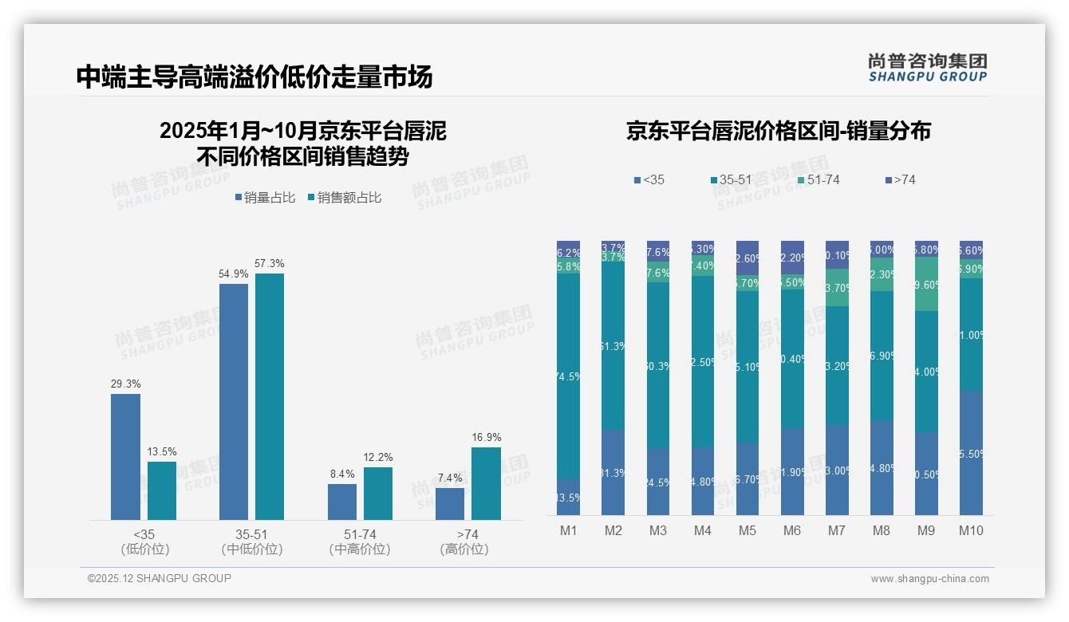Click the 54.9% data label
tap(234, 274)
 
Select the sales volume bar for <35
tap(125, 457)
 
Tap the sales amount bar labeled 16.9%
tap(486, 483)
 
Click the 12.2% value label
tap(378, 457)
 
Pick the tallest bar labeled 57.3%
tap(270, 396)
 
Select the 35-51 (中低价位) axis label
tap(252, 541)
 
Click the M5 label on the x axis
tap(747, 530)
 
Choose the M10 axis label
tap(970, 530)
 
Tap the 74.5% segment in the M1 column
tap(568, 376)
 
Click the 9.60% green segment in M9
tap(925, 285)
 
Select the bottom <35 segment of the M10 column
tap(970, 453)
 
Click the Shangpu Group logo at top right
tap(927, 67)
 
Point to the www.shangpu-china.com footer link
tap(929, 579)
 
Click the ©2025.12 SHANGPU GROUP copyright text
tap(160, 578)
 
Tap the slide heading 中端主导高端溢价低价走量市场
tap(254, 77)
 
